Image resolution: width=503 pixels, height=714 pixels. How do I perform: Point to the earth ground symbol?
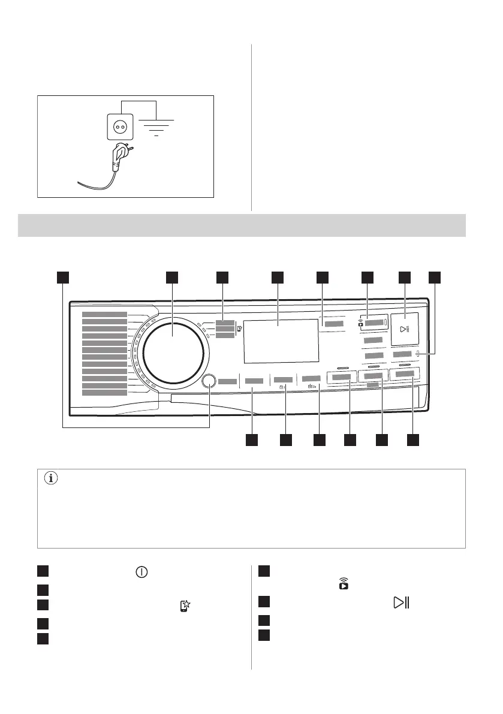(156, 128)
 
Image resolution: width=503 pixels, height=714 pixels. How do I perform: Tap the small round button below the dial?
(209, 381)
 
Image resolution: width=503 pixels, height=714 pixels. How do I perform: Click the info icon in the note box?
(50, 479)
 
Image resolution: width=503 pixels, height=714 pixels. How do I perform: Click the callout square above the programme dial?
(173, 277)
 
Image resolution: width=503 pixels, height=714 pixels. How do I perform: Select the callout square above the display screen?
(277, 277)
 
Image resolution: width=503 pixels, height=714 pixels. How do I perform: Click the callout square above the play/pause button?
(405, 277)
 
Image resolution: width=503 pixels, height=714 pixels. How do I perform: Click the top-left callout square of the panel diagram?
(63, 277)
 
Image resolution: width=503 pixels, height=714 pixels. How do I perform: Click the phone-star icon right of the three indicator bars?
(239, 328)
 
